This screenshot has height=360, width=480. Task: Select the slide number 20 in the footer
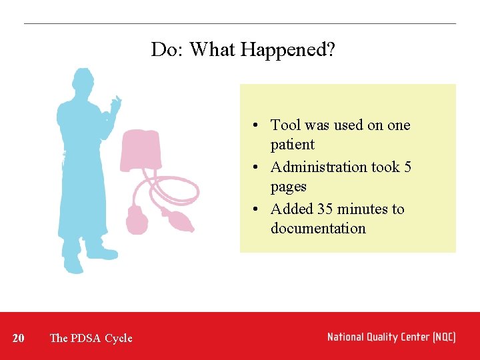click(19, 338)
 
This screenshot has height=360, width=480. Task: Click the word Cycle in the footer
click(119, 338)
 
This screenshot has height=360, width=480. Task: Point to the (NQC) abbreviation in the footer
click(443, 337)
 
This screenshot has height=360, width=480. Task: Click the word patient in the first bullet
click(292, 145)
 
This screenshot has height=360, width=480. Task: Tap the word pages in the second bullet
click(288, 187)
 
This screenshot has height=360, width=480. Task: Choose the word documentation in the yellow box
click(318, 229)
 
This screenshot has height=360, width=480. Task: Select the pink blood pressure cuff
click(141, 151)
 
